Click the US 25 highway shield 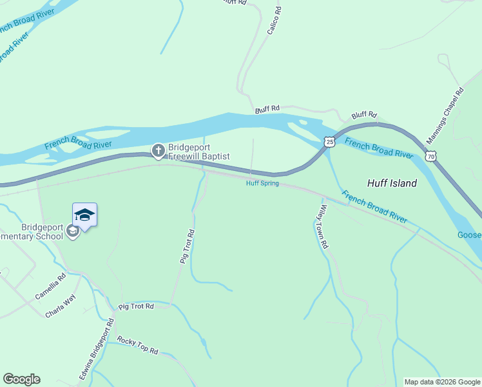point(329,141)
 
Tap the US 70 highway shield point(430,155)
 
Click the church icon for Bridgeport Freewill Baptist point(158,151)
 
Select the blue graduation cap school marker point(84,214)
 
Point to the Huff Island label point(392,183)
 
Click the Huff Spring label point(262,183)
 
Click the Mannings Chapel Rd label point(445,116)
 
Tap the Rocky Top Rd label point(137,345)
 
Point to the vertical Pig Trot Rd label point(187,246)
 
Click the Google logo point(21,379)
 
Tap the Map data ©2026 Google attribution point(442,382)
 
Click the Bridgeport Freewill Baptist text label point(199,151)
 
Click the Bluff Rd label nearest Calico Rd point(267,110)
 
